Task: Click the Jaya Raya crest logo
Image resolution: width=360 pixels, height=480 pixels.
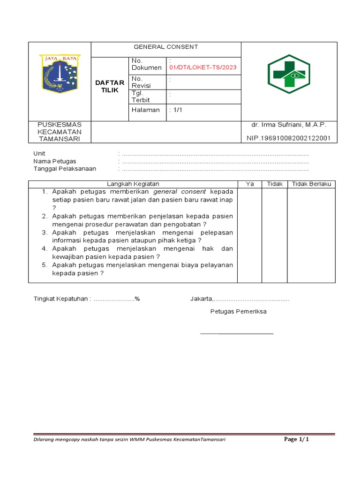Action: [60, 73]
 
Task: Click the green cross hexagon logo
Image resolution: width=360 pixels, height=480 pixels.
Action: [289, 74]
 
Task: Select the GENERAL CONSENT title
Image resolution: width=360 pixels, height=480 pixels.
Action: [166, 47]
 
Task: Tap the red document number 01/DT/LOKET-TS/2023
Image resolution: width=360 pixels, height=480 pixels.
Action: [203, 67]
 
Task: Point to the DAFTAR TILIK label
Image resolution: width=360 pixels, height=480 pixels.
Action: [110, 86]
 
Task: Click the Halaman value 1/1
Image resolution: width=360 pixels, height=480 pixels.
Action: [176, 110]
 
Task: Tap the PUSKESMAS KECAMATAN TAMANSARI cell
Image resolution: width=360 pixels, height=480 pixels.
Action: [60, 132]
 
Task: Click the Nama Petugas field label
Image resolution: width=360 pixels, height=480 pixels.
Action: [55, 161]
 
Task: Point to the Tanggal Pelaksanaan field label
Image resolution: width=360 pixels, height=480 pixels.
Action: [65, 169]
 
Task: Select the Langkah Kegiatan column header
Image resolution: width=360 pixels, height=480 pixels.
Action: [133, 184]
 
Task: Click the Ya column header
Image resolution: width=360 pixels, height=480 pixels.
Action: [250, 184]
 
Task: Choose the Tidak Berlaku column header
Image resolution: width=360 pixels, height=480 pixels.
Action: [311, 184]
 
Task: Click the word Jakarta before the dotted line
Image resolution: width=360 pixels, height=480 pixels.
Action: [201, 299]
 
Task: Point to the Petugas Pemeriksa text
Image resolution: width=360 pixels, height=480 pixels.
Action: [238, 312]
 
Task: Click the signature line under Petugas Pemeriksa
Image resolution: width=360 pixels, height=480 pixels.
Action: [237, 333]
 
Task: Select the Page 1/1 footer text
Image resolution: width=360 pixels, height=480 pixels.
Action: [296, 440]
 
